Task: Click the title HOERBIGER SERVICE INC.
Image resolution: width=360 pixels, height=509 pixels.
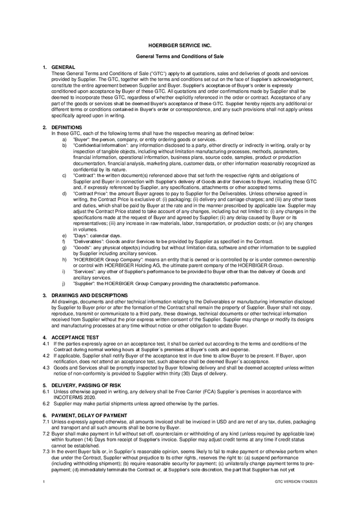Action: pos(179,45)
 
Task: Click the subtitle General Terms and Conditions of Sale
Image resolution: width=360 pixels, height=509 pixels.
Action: pos(179,57)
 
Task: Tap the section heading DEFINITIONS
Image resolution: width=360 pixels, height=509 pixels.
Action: pos(67,127)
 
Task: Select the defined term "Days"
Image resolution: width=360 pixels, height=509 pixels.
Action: pos(81,236)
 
